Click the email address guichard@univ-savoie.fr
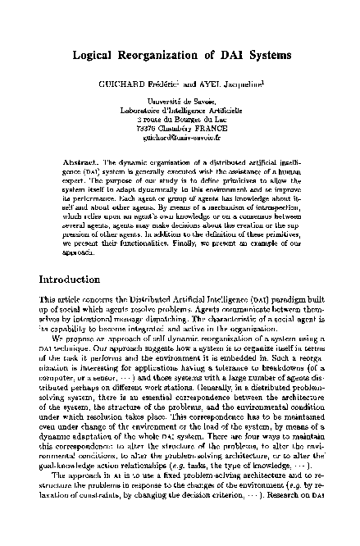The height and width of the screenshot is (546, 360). point(180,139)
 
